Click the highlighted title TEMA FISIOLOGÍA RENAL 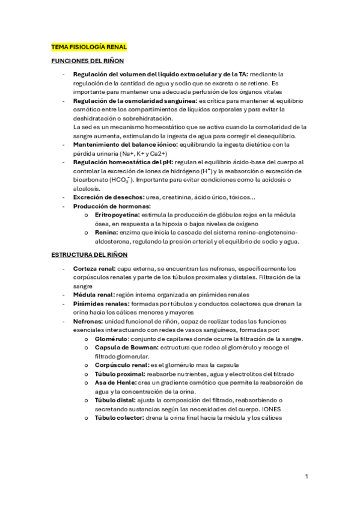pos(88,46)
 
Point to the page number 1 pos(307,477)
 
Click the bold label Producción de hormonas pos(112,206)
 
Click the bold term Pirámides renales pos(98,304)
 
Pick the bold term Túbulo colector pos(120,418)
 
